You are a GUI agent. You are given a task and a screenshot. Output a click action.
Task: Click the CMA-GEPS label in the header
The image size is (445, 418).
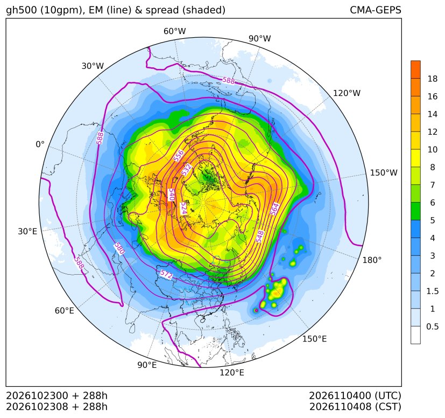coord(376,10)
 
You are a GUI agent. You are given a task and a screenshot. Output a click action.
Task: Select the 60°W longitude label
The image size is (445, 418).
coord(174,31)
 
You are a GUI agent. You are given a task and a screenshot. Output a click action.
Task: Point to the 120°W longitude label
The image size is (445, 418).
coord(347,93)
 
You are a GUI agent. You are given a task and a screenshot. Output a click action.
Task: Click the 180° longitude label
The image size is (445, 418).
coord(372,260)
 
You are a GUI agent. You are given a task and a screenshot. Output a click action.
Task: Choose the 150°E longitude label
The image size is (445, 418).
coord(314,339)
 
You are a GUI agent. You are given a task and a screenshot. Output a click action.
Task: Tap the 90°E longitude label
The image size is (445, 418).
coord(147,365)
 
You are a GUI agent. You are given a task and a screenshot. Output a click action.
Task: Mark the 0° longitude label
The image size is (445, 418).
coord(40,144)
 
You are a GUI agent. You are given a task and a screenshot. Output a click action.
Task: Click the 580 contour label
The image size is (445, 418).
coord(119,249)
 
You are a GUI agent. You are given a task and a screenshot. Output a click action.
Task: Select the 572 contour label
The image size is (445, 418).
coord(166,275)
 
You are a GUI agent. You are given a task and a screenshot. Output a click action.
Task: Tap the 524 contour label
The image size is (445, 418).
coord(184,208)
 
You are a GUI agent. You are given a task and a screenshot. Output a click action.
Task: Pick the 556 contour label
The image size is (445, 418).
coord(179,156)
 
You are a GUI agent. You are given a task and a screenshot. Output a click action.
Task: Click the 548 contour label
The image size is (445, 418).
coord(260,236)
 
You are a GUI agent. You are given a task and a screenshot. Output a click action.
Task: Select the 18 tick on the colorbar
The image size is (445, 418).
coord(433,79)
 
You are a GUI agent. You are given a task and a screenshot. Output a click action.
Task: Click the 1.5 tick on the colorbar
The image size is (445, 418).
coord(433,291)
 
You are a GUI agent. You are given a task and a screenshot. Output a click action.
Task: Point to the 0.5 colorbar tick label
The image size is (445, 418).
coord(433,326)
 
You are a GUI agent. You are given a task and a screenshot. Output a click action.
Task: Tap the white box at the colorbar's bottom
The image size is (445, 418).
coord(415,335)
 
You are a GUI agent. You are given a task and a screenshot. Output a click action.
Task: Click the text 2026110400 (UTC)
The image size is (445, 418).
coord(355,395)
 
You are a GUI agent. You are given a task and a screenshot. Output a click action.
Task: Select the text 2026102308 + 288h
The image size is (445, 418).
coord(56,407)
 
